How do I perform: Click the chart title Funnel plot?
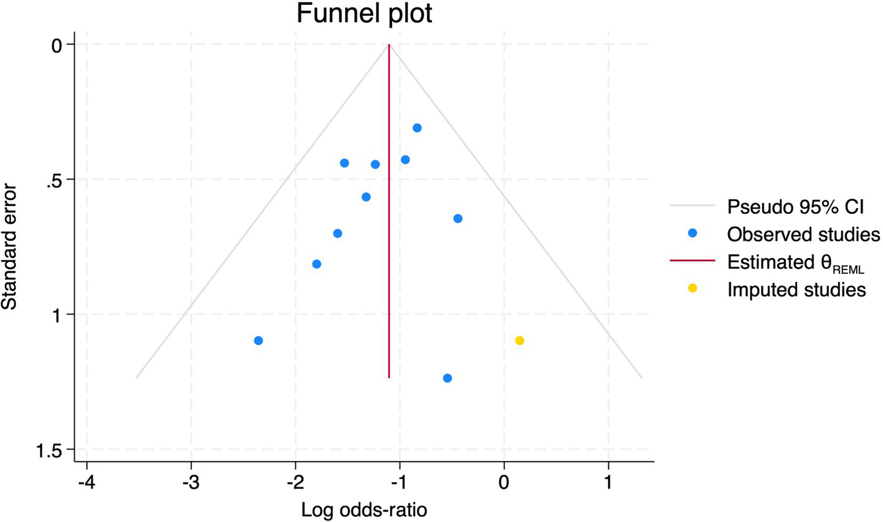click(x=364, y=13)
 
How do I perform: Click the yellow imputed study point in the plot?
click(x=520, y=341)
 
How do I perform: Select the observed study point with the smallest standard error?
click(x=417, y=128)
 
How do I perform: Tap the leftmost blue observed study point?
click(x=259, y=341)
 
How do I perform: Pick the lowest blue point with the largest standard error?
click(x=447, y=378)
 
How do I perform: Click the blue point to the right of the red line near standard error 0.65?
click(x=458, y=219)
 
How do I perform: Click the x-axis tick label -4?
click(x=86, y=482)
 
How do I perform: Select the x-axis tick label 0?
click(x=504, y=482)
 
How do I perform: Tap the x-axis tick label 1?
click(x=608, y=482)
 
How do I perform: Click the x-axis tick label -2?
click(x=295, y=482)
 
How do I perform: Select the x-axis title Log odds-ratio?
click(x=364, y=510)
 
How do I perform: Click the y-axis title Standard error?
click(x=10, y=246)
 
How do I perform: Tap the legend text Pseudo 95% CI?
click(x=795, y=207)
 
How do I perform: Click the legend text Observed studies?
click(x=803, y=234)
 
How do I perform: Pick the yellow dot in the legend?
click(x=692, y=288)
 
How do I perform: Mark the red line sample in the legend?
click(x=692, y=261)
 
